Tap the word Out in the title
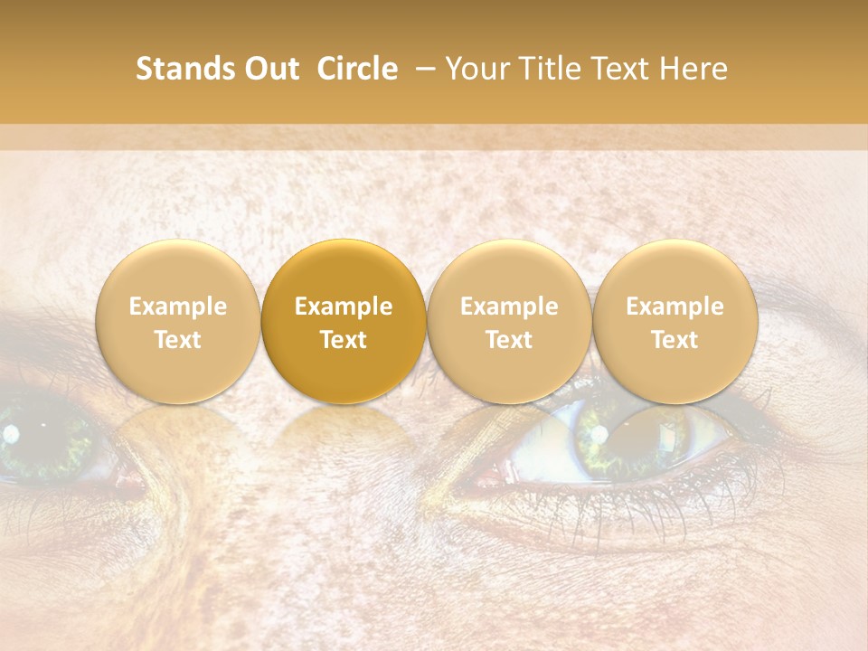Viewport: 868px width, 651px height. pos(269,69)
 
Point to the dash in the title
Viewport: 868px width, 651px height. pos(422,69)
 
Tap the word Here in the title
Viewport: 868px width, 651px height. pos(694,69)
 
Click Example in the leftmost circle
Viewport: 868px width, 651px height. pos(178,307)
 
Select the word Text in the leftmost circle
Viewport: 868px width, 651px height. pos(178,340)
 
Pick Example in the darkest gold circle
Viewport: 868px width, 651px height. pos(344,307)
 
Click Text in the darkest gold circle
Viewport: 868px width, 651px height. pos(344,340)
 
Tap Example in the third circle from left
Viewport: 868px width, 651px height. pos(509,307)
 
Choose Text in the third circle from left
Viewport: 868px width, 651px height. pos(509,340)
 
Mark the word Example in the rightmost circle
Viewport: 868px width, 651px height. pos(675,307)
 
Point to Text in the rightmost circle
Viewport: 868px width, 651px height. pos(675,340)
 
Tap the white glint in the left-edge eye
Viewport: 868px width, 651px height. pos(11,435)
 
